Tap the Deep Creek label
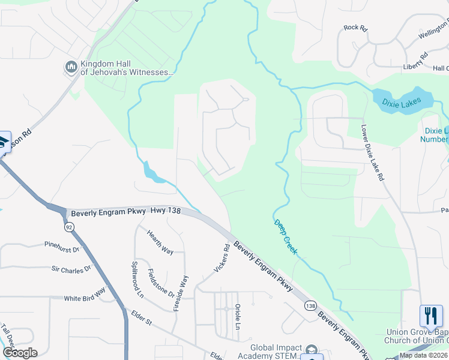click(x=286, y=237)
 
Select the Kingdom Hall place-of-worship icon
click(x=71, y=66)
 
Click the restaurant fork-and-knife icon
click(x=431, y=316)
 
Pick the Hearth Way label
click(x=160, y=243)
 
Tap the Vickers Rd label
click(x=221, y=258)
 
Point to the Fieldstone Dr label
click(x=161, y=284)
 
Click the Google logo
click(x=20, y=353)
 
